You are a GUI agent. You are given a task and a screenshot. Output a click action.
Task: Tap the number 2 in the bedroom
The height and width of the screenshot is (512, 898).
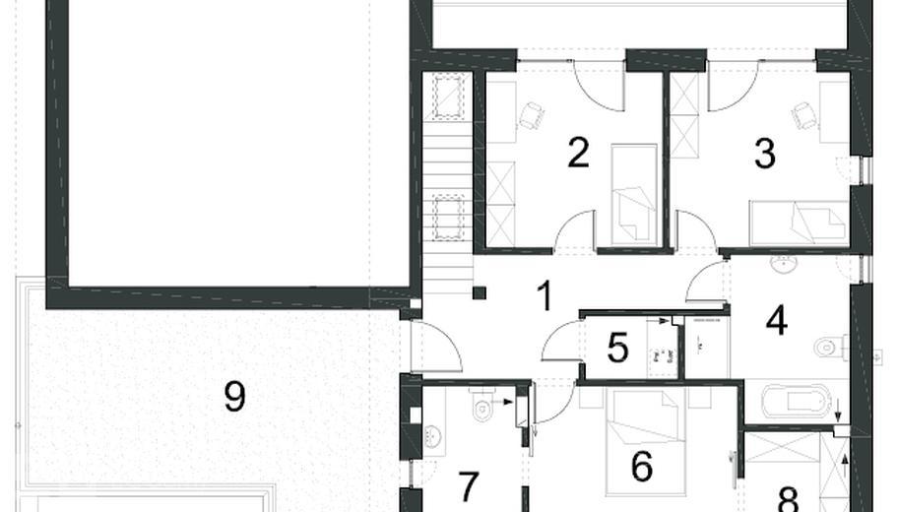coord(578,154)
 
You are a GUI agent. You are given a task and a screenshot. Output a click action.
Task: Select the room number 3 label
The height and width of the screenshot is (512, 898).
coord(764,154)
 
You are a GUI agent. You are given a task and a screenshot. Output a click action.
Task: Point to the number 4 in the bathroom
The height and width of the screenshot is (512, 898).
coord(777,320)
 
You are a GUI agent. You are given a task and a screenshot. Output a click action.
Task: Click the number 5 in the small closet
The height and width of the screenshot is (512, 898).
coord(617,348)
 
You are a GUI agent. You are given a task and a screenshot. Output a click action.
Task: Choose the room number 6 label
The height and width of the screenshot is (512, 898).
coord(642,466)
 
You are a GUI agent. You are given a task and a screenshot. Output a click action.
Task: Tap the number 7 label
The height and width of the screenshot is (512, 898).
coord(468,486)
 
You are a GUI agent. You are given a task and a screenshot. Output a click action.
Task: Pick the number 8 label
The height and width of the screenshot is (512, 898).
coord(788,498)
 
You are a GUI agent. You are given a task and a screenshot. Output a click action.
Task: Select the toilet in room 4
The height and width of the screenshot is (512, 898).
coord(829,347)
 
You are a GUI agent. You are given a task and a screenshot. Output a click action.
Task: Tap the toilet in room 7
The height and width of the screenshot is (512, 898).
coord(485,406)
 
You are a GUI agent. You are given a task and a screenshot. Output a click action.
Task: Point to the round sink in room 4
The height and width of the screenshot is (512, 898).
coord(785,264)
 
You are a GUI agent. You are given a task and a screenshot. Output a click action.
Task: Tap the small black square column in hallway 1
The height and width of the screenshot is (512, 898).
coord(480,291)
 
